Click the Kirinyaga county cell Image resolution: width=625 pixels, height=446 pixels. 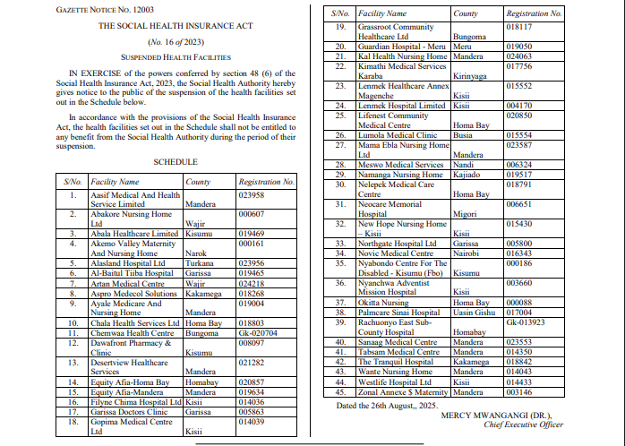pyautogui.click(x=471, y=76)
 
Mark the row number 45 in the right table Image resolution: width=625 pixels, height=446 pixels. pyautogui.click(x=340, y=391)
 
